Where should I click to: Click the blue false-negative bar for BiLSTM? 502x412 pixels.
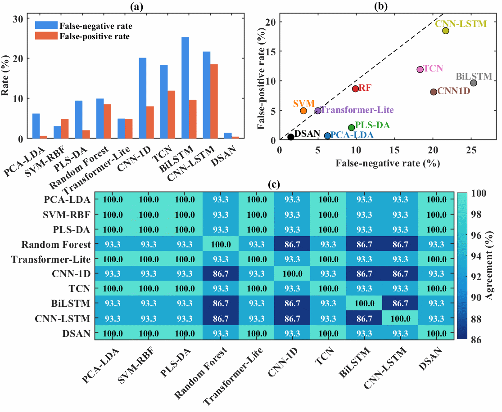185,88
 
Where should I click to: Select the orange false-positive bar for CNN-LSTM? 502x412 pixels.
214,101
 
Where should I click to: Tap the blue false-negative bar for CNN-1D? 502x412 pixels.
142,98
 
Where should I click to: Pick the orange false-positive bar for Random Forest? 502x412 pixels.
107,121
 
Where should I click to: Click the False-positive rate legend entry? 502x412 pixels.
82,36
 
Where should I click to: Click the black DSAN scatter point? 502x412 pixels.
291,137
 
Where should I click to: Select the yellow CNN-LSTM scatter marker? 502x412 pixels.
445,31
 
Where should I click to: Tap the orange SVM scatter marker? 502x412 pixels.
303,111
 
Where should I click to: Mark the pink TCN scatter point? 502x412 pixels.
420,69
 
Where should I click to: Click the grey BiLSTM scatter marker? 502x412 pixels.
474,83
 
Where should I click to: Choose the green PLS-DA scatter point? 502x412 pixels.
351,128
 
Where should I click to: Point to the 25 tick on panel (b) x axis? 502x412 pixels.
471,150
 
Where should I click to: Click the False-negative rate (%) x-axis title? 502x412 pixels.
388,163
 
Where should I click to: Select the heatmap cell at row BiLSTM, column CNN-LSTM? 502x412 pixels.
400,303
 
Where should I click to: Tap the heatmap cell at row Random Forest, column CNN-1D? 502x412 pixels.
292,244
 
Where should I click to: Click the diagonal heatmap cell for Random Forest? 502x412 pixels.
221,244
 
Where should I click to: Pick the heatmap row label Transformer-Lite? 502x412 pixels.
51,259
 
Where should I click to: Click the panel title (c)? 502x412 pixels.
274,184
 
